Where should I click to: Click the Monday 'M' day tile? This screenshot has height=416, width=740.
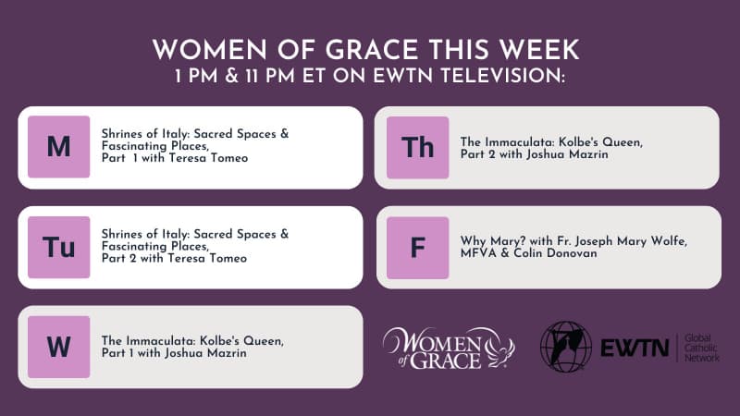[58, 147]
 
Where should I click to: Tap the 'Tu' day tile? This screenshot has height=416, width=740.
[58, 247]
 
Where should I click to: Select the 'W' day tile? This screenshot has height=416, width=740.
[58, 348]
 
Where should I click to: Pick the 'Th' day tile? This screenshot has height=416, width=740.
[418, 148]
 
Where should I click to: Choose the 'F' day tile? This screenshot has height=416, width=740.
[418, 248]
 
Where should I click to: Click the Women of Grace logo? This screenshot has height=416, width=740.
[449, 349]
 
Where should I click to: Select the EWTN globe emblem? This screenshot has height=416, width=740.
[566, 347]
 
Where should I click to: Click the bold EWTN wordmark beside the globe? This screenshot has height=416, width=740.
[635, 349]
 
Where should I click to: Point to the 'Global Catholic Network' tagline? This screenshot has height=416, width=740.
[702, 349]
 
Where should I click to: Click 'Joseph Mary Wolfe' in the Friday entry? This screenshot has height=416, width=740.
[629, 241]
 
